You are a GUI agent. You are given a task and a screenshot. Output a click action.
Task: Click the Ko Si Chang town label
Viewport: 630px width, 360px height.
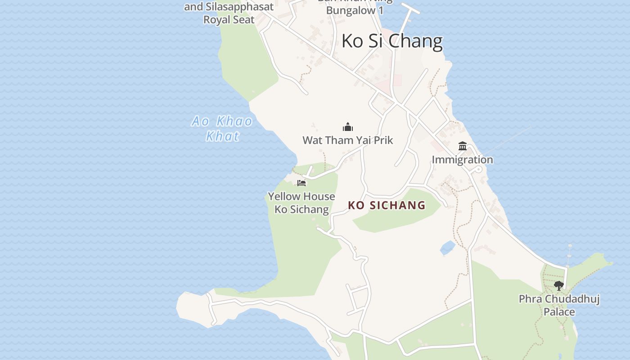pos(392,41)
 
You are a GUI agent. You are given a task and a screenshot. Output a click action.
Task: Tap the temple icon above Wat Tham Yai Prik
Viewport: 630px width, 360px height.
pos(348,127)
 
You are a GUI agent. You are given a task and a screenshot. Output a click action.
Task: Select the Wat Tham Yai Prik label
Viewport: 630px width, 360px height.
pos(348,140)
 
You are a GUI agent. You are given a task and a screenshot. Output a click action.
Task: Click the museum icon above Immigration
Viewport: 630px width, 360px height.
pos(463,146)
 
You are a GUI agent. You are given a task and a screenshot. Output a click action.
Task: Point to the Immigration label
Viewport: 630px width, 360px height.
pos(463,160)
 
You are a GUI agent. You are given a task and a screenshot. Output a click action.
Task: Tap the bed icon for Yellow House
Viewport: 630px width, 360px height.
pos(301,183)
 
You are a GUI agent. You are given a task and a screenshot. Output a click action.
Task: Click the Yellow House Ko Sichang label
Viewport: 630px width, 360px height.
pos(301,202)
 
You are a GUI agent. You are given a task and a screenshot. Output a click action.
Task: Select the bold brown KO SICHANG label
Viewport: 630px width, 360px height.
pos(387,205)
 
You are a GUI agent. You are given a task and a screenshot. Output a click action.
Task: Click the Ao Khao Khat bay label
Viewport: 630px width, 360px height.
pos(222,128)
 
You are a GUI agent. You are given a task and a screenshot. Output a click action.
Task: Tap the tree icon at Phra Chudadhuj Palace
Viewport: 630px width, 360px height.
pos(559,285)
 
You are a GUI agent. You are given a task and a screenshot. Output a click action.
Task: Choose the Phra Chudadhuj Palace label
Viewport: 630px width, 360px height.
pos(559,305)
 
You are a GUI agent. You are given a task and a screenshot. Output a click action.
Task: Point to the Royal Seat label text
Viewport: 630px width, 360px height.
pos(229,20)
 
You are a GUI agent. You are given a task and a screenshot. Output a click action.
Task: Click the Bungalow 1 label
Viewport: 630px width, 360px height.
pos(355,10)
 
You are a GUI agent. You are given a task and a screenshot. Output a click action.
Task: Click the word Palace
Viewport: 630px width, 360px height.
pos(559,312)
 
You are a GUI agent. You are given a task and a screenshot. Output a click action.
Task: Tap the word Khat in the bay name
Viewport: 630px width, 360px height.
pos(222,136)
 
